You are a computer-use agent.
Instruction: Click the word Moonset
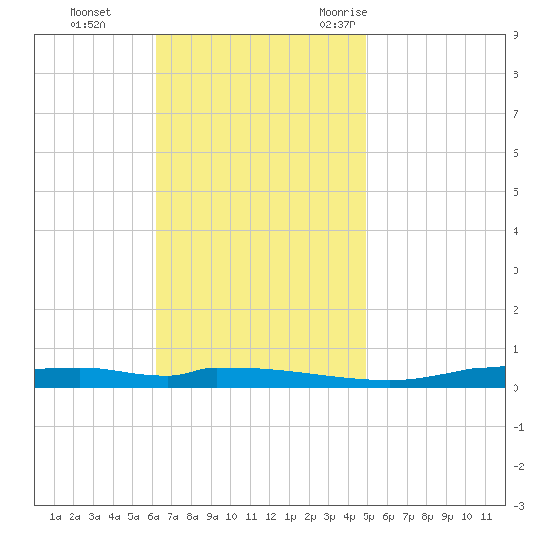pyautogui.click(x=90, y=12)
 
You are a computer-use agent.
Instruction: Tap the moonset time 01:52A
pyautogui.click(x=87, y=24)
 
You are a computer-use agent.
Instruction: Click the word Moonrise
pyautogui.click(x=343, y=12)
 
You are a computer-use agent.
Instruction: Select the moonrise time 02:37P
pyautogui.click(x=337, y=24)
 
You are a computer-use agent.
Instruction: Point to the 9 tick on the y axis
pyautogui.click(x=515, y=35)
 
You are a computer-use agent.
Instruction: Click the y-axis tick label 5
pyautogui.click(x=515, y=192)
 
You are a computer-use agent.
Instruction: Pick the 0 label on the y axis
pyautogui.click(x=515, y=388)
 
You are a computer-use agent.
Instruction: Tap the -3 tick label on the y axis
pyautogui.click(x=518, y=506)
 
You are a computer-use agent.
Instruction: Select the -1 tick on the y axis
pyautogui.click(x=518, y=427)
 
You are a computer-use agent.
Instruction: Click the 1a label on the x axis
pyautogui.click(x=55, y=516)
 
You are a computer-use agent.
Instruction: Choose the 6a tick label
pyautogui.click(x=153, y=516)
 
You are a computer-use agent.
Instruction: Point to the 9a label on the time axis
pyautogui.click(x=212, y=516)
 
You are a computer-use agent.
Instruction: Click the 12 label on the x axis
pyautogui.click(x=270, y=516)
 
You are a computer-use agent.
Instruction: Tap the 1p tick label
pyautogui.click(x=290, y=516)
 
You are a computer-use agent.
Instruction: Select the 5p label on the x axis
pyautogui.click(x=368, y=516)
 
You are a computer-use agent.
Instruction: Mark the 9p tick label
pyautogui.click(x=447, y=516)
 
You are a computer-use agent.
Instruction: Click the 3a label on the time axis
pyautogui.click(x=94, y=516)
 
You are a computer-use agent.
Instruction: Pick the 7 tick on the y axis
pyautogui.click(x=515, y=114)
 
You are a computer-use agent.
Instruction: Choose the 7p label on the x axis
pyautogui.click(x=408, y=516)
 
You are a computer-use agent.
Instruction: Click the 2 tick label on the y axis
pyautogui.click(x=515, y=310)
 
